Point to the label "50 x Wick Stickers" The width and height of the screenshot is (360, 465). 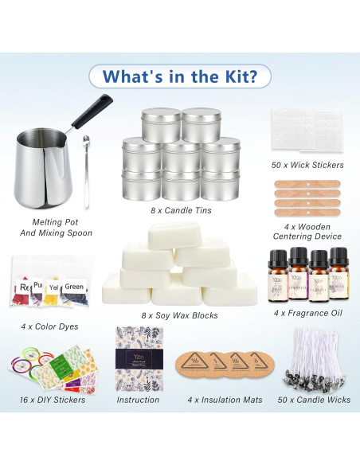pyautogui.click(x=307, y=165)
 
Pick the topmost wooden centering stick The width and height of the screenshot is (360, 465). pyautogui.click(x=307, y=184)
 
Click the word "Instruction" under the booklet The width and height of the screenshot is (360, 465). pyautogui.click(x=138, y=400)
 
